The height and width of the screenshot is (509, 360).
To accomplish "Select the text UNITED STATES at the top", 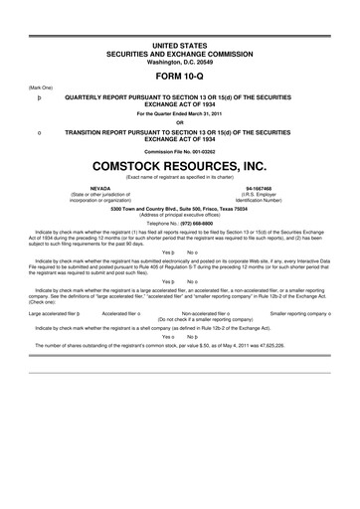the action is click(180, 34).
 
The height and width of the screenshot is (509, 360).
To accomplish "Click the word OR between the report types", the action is click(180, 123).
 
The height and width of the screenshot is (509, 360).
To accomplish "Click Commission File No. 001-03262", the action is click(180, 150).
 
